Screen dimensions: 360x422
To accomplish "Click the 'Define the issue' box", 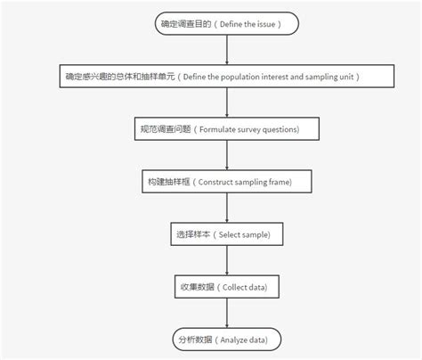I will point(228,24).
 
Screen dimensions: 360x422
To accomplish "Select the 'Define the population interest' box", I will point(228,77).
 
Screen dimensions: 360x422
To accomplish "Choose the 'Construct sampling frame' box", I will point(228,182).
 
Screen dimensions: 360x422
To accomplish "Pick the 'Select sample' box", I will point(228,234).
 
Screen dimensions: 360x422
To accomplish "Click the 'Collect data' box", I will point(228,287).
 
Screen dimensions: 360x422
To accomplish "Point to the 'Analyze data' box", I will point(228,340).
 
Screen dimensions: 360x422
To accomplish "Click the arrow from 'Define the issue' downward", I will point(228,50).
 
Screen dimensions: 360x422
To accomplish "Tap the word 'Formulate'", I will point(216,129).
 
